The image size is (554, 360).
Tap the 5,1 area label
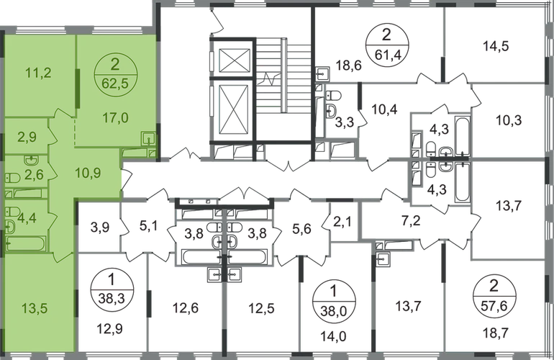click(x=149, y=230)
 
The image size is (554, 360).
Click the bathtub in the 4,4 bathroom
click(x=25, y=243)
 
